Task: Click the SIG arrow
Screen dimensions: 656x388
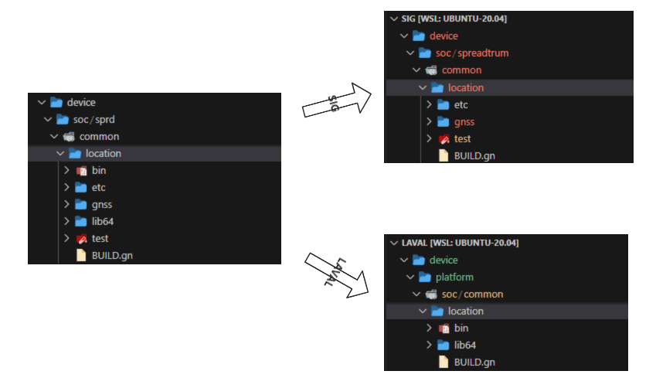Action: click(x=337, y=100)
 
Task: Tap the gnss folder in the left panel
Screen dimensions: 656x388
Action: click(x=101, y=204)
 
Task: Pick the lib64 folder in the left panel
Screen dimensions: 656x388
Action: click(x=102, y=221)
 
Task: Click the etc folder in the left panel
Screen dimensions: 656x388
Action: click(x=98, y=187)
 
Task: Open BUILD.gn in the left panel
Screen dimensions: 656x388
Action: click(x=106, y=255)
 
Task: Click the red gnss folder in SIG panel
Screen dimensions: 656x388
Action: click(x=464, y=121)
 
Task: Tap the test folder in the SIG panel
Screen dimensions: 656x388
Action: click(x=463, y=139)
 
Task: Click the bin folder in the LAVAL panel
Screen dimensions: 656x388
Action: click(x=461, y=328)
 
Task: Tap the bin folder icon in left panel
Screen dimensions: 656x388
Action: click(x=81, y=170)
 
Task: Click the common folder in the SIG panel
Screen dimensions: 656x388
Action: click(x=461, y=70)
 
